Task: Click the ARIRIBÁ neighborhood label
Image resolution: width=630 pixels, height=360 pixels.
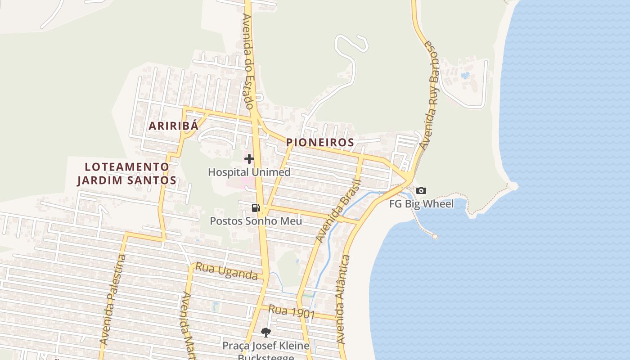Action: point(173,126)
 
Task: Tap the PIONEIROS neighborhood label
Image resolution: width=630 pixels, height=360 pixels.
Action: point(320,143)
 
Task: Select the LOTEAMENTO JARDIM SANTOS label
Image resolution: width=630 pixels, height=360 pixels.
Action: point(127,173)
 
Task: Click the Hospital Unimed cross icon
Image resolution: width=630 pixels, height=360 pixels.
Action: point(249,159)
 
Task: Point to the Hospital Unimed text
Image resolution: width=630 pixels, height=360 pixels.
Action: point(249,172)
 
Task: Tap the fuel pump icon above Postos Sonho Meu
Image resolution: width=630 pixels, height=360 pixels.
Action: point(256,207)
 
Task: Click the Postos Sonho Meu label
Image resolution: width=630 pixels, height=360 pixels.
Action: point(256,221)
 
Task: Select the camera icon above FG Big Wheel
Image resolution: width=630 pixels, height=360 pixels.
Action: point(421,190)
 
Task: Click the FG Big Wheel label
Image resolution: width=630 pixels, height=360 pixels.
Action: point(421,204)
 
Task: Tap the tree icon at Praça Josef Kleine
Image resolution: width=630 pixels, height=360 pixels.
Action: point(266,333)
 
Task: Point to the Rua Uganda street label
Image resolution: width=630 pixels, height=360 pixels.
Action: point(227,271)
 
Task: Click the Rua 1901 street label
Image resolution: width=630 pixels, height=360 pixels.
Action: point(291,311)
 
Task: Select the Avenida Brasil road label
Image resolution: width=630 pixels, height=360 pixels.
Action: point(338,211)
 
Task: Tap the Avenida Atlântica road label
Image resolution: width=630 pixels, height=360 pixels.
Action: point(343,299)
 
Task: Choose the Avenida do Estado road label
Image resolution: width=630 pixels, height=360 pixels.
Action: point(248,61)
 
